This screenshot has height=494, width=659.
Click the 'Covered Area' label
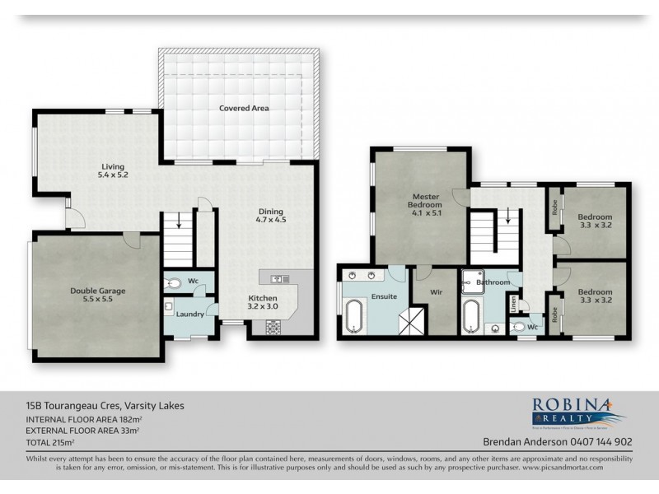click(244, 108)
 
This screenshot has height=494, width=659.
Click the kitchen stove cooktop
click(273, 327)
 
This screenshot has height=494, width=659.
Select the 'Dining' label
click(270, 210)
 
